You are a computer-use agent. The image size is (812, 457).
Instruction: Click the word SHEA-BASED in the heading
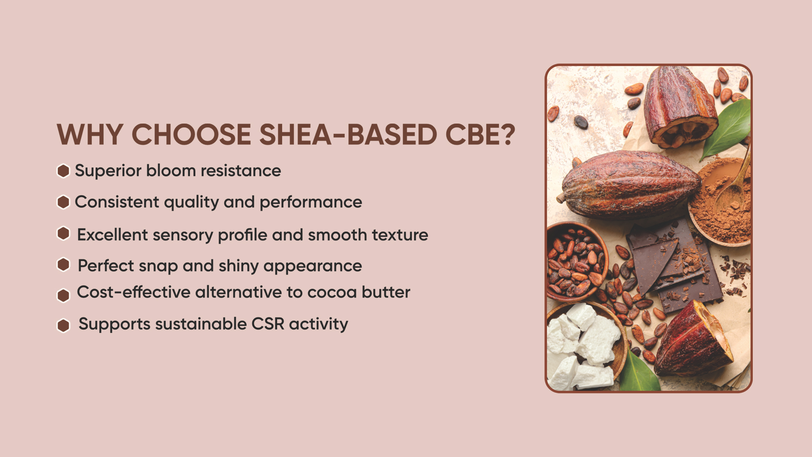(348, 135)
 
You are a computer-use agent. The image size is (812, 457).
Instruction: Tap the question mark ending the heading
(506, 135)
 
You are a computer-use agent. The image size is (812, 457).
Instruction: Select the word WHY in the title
(90, 135)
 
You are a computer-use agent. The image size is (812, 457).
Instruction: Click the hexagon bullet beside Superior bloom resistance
(63, 171)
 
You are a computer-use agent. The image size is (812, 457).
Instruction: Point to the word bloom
(171, 171)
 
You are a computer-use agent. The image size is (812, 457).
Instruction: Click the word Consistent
(117, 202)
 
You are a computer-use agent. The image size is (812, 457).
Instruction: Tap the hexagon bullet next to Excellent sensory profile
(63, 233)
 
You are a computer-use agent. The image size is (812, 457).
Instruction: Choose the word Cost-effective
(134, 292)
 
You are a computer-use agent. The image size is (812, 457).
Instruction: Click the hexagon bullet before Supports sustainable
(63, 325)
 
